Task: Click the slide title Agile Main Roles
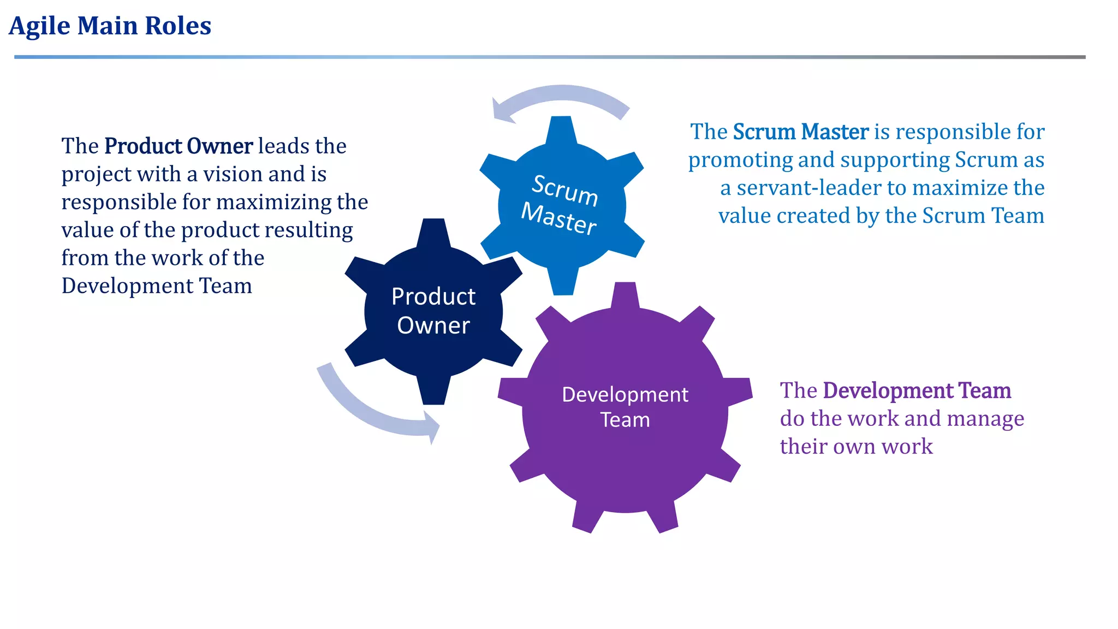[110, 26]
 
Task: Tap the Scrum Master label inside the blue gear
[561, 205]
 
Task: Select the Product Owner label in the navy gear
[433, 311]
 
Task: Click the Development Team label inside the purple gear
[625, 407]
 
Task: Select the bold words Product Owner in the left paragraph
[179, 146]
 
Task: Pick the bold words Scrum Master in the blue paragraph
[800, 132]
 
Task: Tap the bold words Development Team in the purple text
[917, 391]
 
